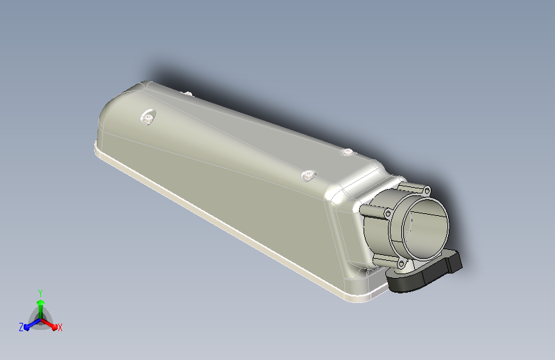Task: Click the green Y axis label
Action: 40,293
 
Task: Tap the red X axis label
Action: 60,327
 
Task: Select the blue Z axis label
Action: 21,327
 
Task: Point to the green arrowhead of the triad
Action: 41,302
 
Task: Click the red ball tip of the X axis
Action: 54,328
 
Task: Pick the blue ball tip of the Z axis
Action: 28,328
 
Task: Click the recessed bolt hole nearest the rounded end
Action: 149,117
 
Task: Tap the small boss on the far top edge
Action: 189,94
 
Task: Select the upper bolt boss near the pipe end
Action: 348,152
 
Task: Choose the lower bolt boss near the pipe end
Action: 309,175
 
